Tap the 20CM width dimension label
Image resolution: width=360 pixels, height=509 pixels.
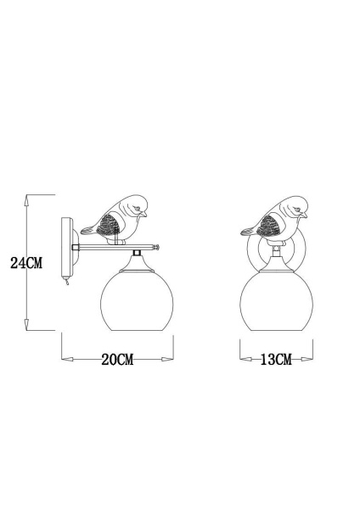click(118, 360)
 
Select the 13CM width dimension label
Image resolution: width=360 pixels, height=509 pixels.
click(275, 360)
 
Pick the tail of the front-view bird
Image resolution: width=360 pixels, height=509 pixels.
click(246, 229)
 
